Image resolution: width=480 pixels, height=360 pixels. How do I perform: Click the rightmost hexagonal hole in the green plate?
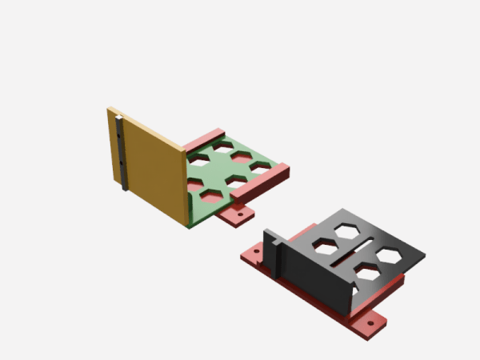tap(259, 166)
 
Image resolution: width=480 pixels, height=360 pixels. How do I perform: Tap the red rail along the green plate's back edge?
tap(205, 138)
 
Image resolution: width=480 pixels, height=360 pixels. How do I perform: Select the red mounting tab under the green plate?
tap(238, 214)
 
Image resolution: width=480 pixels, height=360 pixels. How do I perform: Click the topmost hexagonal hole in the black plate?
tap(346, 230)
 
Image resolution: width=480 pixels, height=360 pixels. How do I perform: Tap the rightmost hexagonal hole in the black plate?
tap(390, 255)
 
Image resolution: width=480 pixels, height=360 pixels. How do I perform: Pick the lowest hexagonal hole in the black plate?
tap(368, 274)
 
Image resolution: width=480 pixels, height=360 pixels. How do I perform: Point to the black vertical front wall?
tap(316, 276)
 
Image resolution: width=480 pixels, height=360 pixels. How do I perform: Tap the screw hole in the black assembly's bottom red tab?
tap(370, 322)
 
